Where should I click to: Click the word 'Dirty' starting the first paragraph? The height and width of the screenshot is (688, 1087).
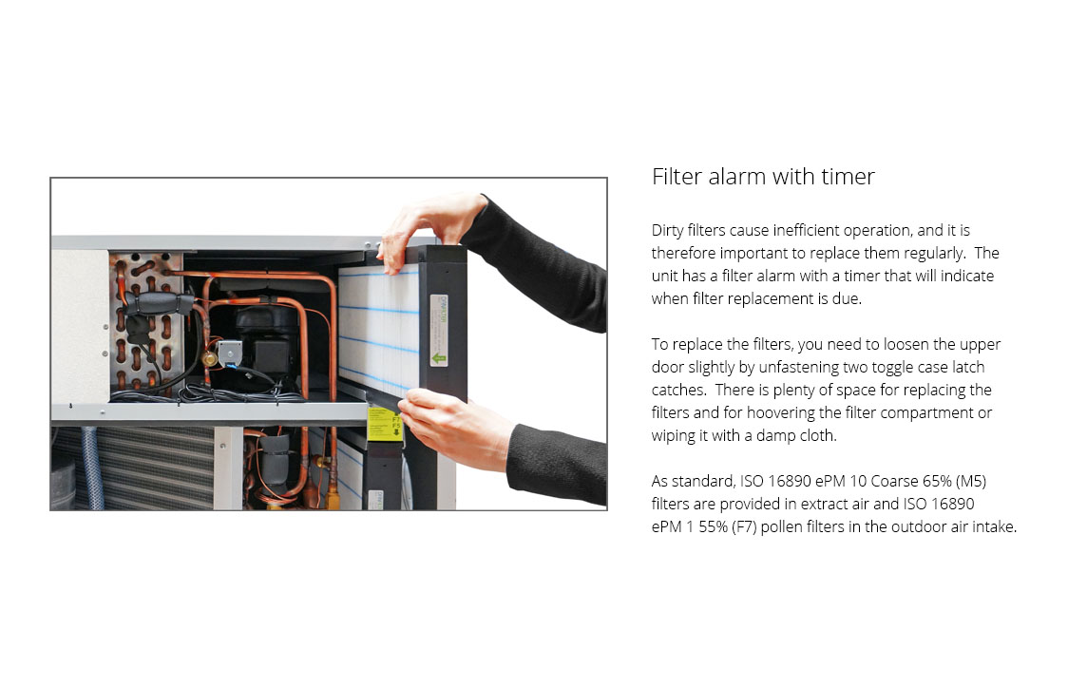pos(667,231)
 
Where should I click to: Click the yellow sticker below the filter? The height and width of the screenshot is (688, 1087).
pos(384,422)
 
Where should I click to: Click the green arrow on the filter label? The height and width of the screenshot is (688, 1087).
pos(439,358)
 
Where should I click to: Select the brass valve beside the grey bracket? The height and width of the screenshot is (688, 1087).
pos(209,358)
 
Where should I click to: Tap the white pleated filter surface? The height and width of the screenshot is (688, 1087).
pos(378,327)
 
